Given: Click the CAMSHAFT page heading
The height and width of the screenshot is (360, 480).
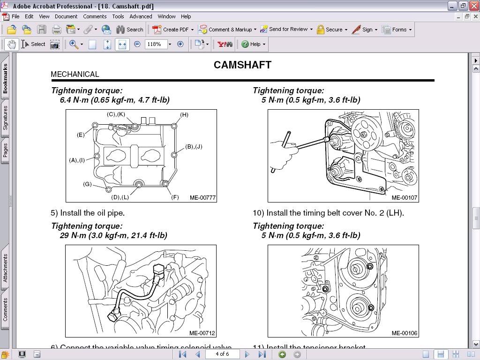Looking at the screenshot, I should [x=242, y=65].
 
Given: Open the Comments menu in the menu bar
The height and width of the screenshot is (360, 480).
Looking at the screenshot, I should [x=95, y=16].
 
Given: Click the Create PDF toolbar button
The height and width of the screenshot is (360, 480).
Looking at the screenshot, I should [x=172, y=30].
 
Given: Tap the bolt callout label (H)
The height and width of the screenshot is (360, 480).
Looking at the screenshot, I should [x=184, y=115].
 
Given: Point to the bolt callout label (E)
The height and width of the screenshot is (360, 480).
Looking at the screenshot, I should [x=81, y=135].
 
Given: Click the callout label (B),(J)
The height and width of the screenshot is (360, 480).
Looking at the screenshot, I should [x=194, y=147].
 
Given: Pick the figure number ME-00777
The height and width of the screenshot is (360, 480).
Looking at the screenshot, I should [x=202, y=198].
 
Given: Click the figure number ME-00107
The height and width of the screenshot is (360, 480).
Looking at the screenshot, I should [x=404, y=198].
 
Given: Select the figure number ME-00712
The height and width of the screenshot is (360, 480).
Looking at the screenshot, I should [x=202, y=333].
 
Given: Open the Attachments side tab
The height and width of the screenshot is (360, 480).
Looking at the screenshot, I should [x=5, y=268].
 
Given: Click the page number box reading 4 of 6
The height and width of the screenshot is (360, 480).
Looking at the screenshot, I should [x=222, y=354].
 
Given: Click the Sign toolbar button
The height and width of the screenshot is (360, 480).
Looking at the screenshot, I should [x=364, y=30].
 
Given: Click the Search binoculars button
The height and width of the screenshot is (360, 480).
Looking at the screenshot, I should [x=129, y=30].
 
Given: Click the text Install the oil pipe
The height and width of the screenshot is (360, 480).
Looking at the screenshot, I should [x=88, y=213].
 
